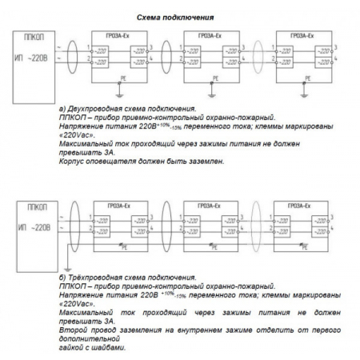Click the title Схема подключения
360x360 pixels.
coord(175,16)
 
